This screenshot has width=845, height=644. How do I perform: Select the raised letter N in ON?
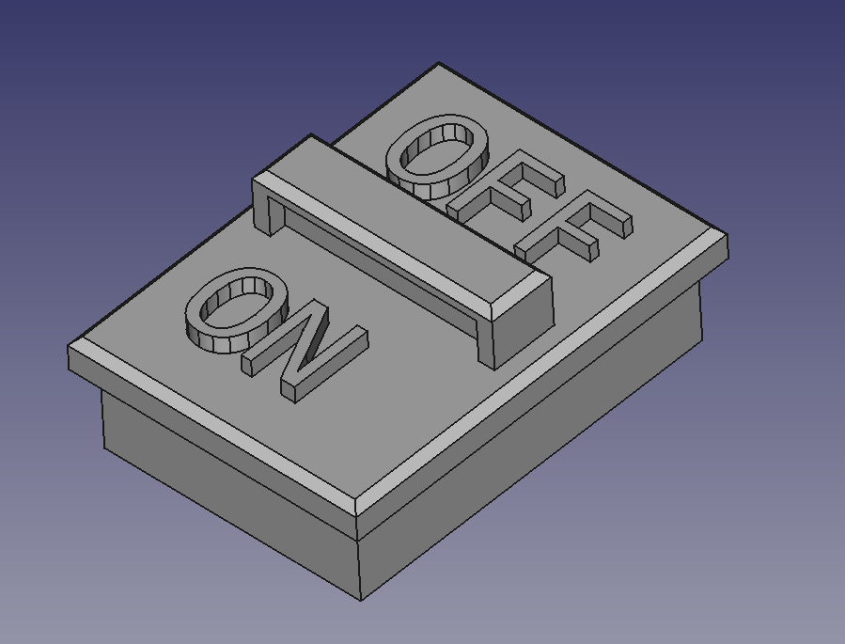pos(305,351)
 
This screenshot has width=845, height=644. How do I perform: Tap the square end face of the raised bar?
pos(523,329)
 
